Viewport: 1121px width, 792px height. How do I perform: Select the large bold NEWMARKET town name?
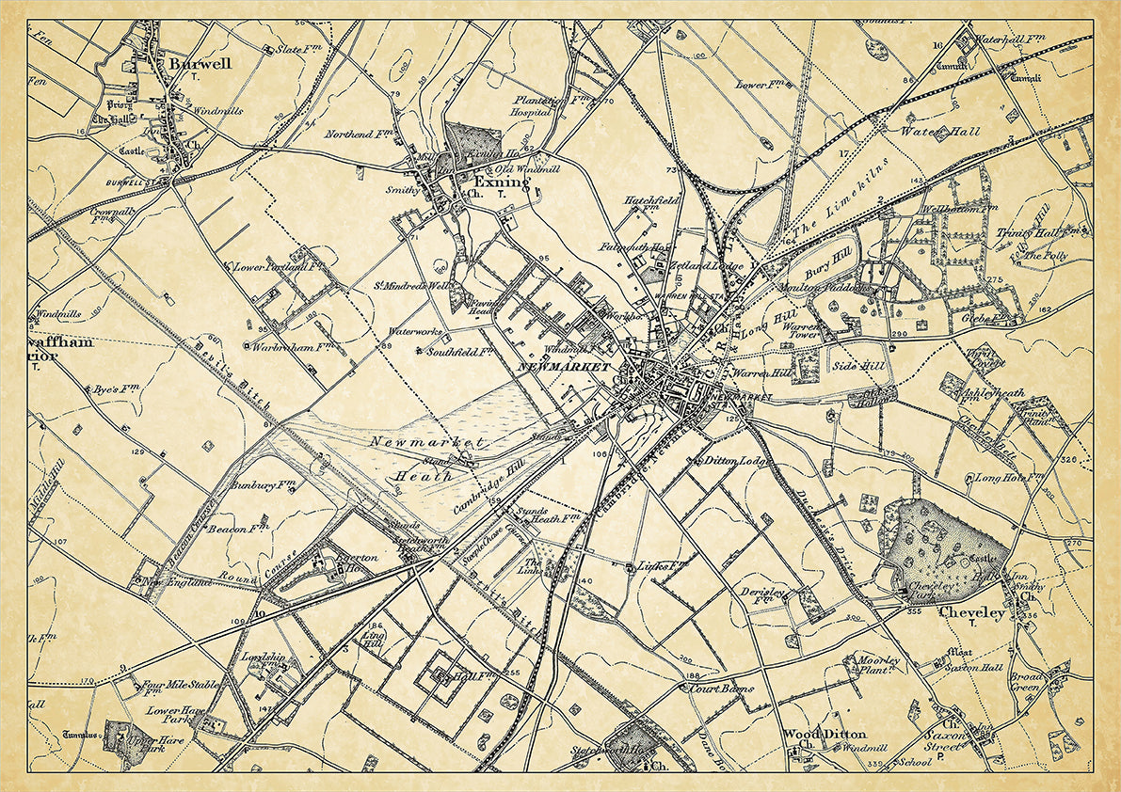[563, 366]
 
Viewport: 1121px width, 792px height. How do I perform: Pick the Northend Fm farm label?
[359, 135]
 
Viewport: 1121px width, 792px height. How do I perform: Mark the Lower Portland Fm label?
[274, 267]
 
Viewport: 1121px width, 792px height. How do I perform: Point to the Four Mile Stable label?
[180, 685]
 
